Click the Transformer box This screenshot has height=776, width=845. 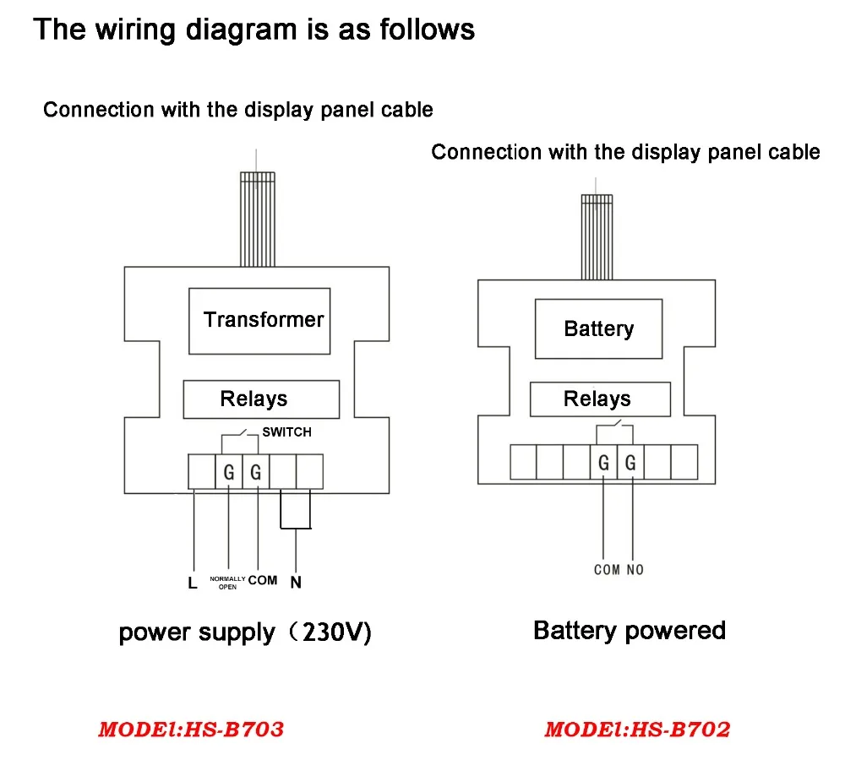click(259, 321)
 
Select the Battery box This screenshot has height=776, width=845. click(598, 328)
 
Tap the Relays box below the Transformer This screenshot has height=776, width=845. click(261, 399)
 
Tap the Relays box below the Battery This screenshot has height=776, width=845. click(600, 399)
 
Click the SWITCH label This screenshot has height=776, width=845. click(286, 431)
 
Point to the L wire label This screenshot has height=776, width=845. click(193, 583)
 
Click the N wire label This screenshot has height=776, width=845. click(296, 582)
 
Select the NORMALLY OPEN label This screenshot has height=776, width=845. click(227, 583)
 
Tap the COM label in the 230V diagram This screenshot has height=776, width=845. click(263, 580)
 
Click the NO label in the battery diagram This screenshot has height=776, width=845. click(635, 570)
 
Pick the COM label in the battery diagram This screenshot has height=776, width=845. click(607, 570)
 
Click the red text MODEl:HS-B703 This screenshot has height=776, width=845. click(191, 730)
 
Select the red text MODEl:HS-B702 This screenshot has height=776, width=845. click(637, 730)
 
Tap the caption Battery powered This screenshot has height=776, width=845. click(630, 631)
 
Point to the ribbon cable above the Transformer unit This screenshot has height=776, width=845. click(258, 220)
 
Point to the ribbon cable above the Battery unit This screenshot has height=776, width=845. click(597, 237)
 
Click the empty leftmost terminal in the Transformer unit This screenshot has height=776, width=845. click(202, 472)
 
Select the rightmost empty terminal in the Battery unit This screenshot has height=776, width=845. click(684, 462)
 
